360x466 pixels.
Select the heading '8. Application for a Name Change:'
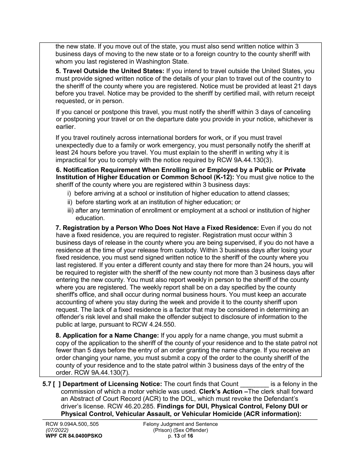tap(108, 335)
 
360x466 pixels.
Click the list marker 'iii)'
tap(70, 210)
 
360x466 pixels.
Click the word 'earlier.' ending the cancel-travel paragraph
tap(66, 127)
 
